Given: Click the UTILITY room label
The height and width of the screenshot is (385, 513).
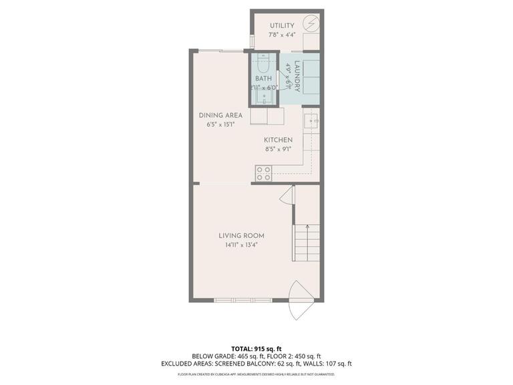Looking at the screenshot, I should (282, 26).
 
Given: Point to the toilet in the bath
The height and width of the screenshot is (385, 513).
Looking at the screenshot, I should (263, 67).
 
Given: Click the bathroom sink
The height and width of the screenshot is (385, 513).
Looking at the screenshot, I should (264, 98).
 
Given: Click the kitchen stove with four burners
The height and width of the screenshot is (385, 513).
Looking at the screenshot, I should (263, 174).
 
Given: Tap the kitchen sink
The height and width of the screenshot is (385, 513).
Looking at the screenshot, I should (311, 121).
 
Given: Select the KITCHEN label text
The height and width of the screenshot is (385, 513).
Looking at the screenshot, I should (278, 140).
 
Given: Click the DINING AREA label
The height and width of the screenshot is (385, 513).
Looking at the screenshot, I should (220, 115).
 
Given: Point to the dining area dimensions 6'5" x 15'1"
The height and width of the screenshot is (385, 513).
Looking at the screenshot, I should (220, 124).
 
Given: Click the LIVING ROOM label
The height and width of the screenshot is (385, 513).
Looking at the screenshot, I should (241, 235).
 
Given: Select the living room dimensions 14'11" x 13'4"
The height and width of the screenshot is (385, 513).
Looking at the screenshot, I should (241, 245).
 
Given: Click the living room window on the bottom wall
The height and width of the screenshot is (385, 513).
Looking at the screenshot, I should (242, 300).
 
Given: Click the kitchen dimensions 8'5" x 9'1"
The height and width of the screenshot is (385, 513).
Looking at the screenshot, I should (278, 150).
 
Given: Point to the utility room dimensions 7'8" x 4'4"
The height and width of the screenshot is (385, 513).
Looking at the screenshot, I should (282, 35).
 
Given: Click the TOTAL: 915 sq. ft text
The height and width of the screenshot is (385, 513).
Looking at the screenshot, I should (256, 348).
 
